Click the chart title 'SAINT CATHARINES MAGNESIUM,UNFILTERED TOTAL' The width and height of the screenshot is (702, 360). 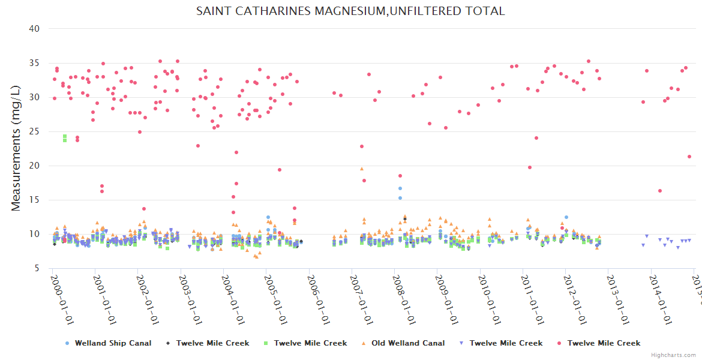[x=350, y=11]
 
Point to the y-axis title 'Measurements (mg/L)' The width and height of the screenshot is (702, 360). [x=16, y=148]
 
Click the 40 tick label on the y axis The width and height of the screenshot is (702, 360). [x=35, y=28]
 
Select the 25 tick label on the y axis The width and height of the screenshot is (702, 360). [x=35, y=131]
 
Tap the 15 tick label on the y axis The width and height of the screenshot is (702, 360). [x=35, y=200]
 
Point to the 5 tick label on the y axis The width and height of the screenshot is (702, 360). [x=37, y=268]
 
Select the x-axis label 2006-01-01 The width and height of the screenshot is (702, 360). [x=318, y=300]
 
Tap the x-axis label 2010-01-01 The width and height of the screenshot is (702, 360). [x=490, y=300]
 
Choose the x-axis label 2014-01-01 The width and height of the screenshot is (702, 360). [x=661, y=300]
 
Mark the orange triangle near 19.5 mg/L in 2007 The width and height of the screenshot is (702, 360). [x=362, y=169]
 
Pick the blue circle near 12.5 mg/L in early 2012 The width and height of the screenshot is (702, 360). [x=566, y=217]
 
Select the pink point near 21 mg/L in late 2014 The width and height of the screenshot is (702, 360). [x=689, y=157]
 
